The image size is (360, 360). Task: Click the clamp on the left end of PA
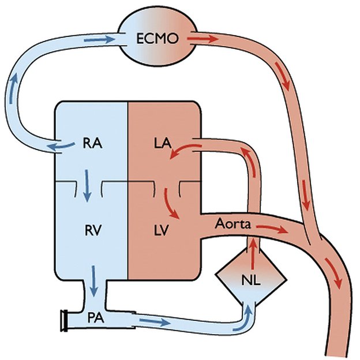pos(65,319)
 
